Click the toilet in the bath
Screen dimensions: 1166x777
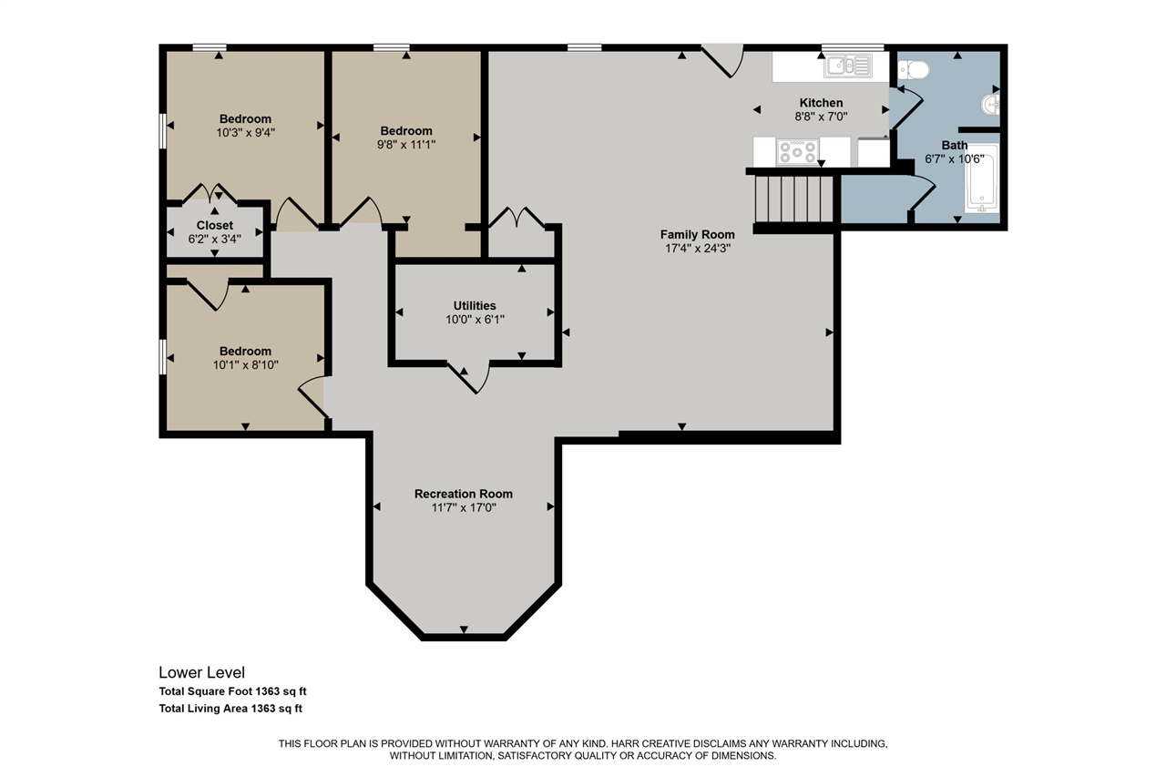coord(914,70)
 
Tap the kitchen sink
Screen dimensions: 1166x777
coord(847,66)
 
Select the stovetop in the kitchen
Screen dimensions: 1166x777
coord(796,151)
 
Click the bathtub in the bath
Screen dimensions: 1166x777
coord(982,178)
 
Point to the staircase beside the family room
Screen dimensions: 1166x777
coord(794,199)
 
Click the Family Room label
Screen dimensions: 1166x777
coord(698,235)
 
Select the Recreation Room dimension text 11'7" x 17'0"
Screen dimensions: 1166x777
coord(464,507)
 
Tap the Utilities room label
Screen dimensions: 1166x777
coord(475,305)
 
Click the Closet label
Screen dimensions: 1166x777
coord(214,225)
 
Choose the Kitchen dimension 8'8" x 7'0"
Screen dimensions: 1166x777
coord(821,117)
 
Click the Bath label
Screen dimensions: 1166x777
coord(954,145)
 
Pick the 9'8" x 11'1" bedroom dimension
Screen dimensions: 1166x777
coord(406,144)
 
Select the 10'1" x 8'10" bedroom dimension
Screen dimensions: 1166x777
coord(245,365)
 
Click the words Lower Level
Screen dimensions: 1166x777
coord(201,672)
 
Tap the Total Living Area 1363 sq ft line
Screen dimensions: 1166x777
coord(230,709)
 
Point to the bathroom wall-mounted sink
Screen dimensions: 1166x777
coord(990,105)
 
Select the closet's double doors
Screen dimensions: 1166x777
coord(210,193)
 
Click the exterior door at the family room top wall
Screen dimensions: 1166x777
coord(722,61)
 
